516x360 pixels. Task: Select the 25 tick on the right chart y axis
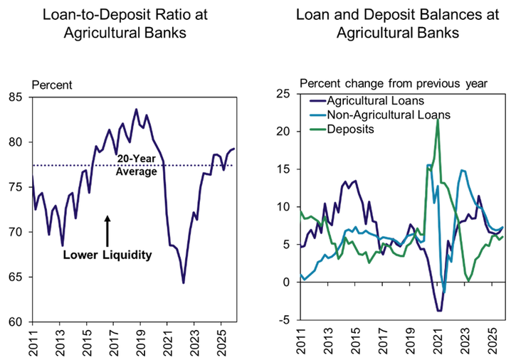click(284, 93)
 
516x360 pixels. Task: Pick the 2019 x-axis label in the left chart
click(139, 341)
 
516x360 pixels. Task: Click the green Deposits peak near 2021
click(437, 119)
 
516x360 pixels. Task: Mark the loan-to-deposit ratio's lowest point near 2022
click(184, 283)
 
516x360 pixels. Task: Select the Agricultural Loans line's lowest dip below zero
click(440, 311)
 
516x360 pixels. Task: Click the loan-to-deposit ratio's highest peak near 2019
click(137, 110)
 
